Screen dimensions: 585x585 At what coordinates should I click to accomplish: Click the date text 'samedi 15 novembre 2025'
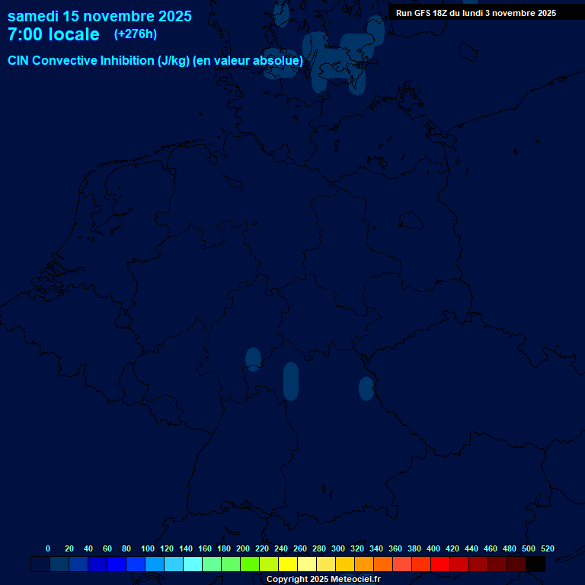[99, 16]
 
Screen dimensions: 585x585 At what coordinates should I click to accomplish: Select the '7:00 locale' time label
[53, 34]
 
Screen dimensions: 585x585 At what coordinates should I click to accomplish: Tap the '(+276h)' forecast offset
[135, 34]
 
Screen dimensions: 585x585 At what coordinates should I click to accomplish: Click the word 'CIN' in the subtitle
[20, 61]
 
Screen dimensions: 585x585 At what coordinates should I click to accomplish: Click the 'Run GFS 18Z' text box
[476, 13]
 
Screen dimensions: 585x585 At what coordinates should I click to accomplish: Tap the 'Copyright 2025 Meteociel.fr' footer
[323, 580]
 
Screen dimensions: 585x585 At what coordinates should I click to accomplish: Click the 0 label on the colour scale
[48, 548]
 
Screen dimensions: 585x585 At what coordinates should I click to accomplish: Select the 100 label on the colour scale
[147, 548]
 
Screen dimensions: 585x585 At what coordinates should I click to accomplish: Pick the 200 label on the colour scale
[243, 548]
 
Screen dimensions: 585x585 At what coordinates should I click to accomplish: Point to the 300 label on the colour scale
[338, 548]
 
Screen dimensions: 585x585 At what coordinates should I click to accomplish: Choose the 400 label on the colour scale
[433, 548]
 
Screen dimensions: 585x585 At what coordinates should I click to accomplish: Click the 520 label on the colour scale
[547, 548]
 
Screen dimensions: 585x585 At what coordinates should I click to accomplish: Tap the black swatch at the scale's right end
[535, 564]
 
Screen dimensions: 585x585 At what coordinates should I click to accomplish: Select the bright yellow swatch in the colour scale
[288, 564]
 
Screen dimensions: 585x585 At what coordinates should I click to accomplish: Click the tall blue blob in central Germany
[291, 381]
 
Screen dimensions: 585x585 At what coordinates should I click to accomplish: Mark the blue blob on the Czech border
[366, 388]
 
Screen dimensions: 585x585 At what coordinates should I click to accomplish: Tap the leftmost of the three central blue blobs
[253, 358]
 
